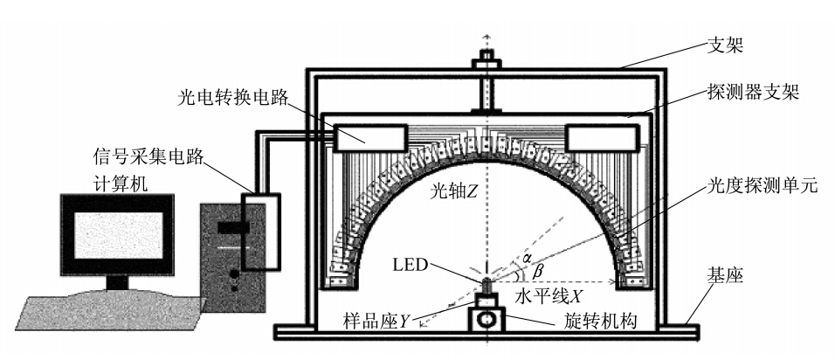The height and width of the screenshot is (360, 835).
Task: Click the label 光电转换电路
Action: [234, 97]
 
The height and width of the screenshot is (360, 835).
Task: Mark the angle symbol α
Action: [528, 258]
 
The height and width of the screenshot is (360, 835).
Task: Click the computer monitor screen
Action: [118, 235]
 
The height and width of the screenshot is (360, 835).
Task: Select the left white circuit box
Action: [370, 137]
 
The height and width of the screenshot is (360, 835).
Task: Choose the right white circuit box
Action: [603, 137]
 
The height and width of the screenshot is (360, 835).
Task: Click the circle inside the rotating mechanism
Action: [487, 320]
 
